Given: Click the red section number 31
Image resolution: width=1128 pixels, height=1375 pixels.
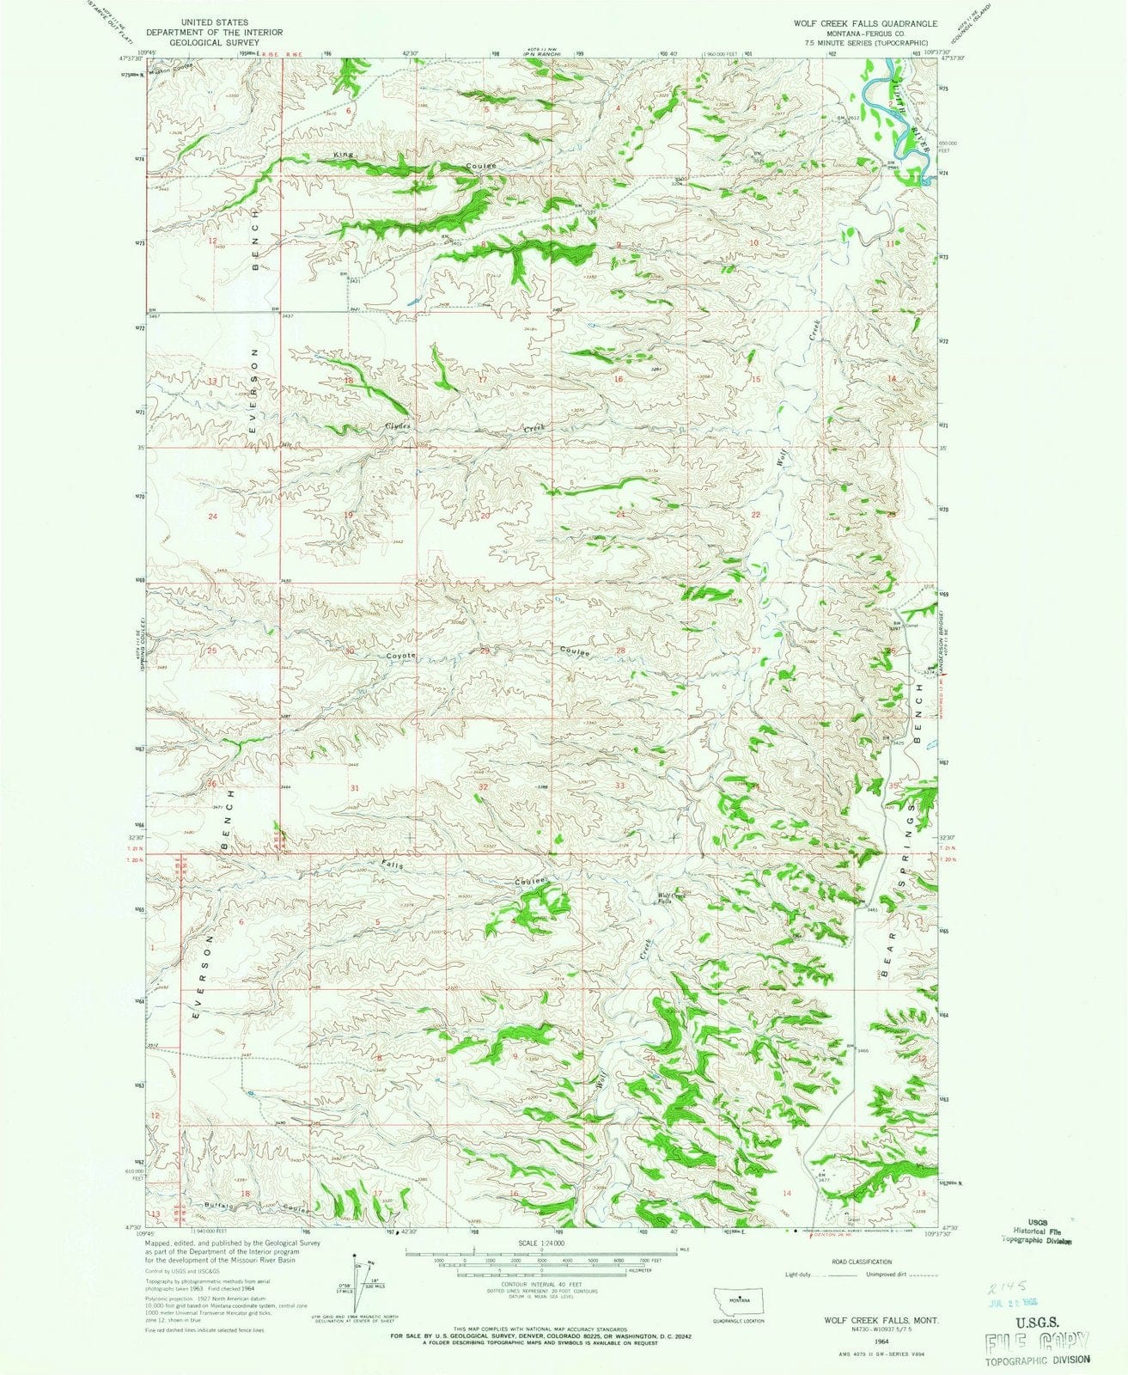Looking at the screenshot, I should [354, 788].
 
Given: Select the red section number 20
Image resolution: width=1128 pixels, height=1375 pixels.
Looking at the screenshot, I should [485, 516].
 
